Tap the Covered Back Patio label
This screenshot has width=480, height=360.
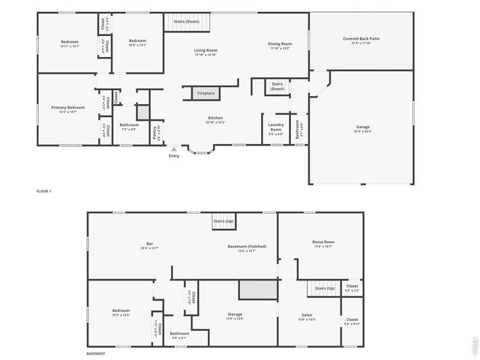pos(361,39)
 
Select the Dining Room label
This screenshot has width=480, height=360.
pos(280,45)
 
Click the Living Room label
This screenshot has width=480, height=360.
pos(205,51)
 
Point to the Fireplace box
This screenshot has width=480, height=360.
pos(205,93)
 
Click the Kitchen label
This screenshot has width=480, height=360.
pos(216,118)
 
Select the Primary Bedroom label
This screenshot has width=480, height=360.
pos(68,109)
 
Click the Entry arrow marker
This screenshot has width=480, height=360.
pos(174,149)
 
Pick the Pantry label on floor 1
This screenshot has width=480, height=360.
pos(154,133)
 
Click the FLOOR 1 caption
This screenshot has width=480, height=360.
pos(43,191)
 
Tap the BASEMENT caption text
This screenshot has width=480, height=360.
pos(96,353)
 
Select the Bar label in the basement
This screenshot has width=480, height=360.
pos(149,244)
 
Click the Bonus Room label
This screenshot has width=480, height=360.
pos(323,243)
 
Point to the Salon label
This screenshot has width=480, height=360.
pos(307,316)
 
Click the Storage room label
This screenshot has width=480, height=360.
pos(235,315)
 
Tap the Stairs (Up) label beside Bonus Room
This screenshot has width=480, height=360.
pos(325,288)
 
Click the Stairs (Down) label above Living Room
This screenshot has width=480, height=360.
pos(187,22)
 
